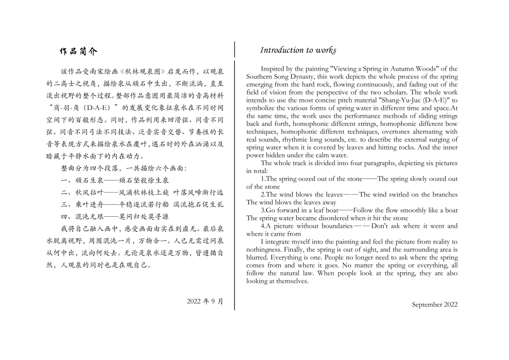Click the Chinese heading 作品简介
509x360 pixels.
(79, 51)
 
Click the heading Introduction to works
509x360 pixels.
(298, 50)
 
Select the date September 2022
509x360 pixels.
(434, 305)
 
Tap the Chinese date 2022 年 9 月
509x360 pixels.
(205, 301)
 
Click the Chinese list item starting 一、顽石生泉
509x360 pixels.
(115, 180)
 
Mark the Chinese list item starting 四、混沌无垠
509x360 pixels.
(115, 216)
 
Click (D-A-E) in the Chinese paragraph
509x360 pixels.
(97, 107)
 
